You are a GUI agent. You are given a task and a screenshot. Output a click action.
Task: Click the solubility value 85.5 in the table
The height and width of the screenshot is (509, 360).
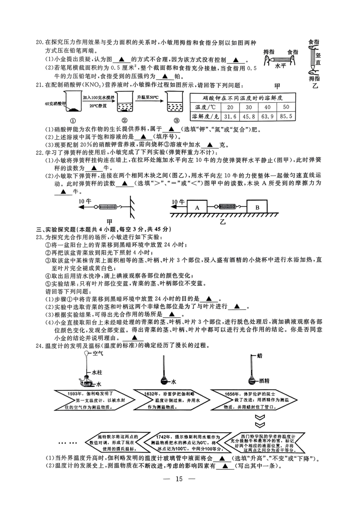(x=286, y=116)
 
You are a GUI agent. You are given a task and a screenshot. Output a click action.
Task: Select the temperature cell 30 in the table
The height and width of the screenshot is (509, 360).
(x=248, y=107)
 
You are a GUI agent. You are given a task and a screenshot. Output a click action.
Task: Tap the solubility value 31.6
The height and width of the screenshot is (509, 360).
(x=230, y=116)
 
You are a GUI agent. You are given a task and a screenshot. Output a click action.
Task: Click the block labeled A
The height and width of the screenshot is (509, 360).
(x=197, y=208)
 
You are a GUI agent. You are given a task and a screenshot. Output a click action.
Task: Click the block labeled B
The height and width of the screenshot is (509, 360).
(x=257, y=207)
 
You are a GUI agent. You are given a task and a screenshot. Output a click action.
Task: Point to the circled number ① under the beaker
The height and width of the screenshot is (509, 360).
(x=73, y=121)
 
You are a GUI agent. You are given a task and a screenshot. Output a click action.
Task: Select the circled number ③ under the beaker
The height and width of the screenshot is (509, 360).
(x=176, y=121)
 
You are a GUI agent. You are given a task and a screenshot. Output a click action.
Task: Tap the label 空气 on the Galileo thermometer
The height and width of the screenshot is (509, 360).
(x=98, y=354)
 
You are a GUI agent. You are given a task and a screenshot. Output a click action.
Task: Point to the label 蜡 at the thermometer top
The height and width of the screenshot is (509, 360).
(x=260, y=356)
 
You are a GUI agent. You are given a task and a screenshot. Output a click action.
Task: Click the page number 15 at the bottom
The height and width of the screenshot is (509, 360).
(x=179, y=479)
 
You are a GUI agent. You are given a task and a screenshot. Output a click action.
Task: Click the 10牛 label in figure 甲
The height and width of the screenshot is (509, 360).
(x=85, y=201)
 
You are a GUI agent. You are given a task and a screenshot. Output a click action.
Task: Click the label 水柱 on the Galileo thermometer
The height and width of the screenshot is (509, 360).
(x=97, y=372)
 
